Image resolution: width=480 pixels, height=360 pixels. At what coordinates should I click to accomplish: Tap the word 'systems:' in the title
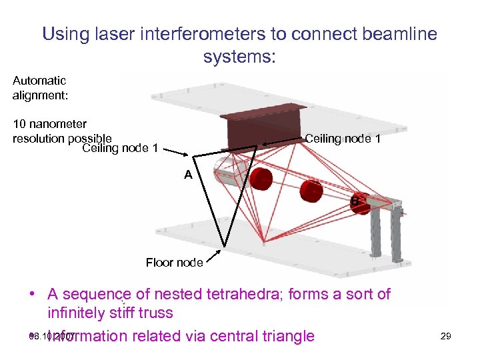click(x=239, y=57)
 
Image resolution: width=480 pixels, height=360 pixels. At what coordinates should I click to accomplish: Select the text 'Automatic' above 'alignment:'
click(x=39, y=81)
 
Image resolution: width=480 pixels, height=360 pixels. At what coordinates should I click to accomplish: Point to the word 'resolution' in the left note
click(x=39, y=139)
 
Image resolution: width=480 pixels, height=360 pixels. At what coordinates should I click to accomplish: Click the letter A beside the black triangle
click(x=189, y=175)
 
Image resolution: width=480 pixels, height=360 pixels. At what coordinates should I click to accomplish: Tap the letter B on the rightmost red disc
click(x=355, y=200)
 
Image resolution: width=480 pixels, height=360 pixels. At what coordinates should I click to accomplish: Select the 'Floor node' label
click(x=174, y=263)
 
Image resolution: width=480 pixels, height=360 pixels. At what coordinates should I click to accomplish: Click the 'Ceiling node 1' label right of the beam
click(x=343, y=139)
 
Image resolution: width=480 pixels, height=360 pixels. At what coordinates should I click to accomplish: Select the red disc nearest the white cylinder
click(x=261, y=179)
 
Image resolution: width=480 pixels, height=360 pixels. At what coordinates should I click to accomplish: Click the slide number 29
click(x=445, y=336)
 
